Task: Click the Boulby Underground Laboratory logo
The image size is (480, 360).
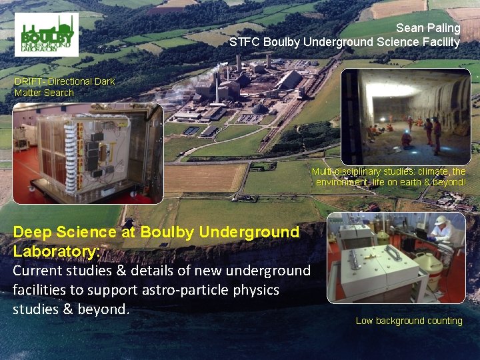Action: pos(46,34)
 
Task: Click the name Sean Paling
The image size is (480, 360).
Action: pos(428,28)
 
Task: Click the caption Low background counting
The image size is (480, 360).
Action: pos(409,321)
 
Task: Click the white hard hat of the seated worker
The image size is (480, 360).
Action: pos(441,220)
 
